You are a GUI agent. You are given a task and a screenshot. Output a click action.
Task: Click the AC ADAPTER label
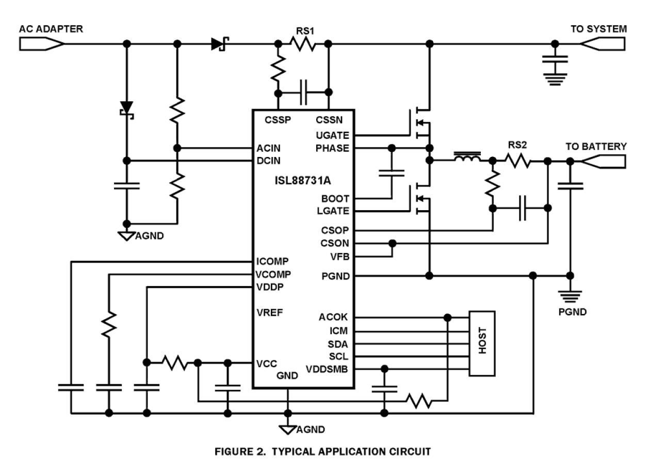pyautogui.click(x=51, y=29)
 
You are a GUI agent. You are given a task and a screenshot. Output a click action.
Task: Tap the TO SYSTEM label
pyautogui.click(x=598, y=29)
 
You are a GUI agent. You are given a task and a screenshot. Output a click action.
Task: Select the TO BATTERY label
pyautogui.click(x=596, y=147)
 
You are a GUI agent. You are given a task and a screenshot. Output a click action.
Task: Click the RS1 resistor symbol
pyautogui.click(x=303, y=45)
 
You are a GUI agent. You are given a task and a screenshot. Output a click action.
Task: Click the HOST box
pyautogui.click(x=481, y=343)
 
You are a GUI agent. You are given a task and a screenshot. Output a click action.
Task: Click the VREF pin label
pyautogui.click(x=269, y=312)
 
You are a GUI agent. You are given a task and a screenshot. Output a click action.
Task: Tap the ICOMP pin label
pyautogui.click(x=272, y=261)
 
